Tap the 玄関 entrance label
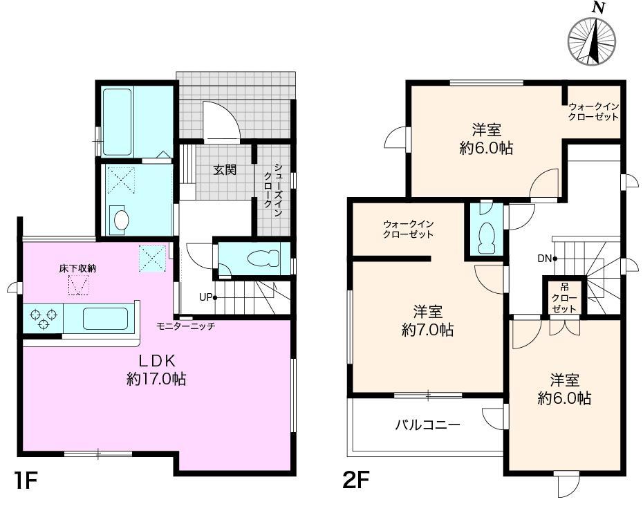click(x=225, y=169)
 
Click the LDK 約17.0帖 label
click(x=156, y=370)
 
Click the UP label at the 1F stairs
click(x=205, y=297)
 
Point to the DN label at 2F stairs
click(x=545, y=259)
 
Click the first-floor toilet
click(x=263, y=259)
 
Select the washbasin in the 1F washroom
click(x=121, y=220)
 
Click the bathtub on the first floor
click(x=118, y=122)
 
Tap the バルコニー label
click(x=427, y=425)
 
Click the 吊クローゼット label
click(x=564, y=298)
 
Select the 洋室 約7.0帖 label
click(x=427, y=321)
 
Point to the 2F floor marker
click(x=356, y=480)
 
